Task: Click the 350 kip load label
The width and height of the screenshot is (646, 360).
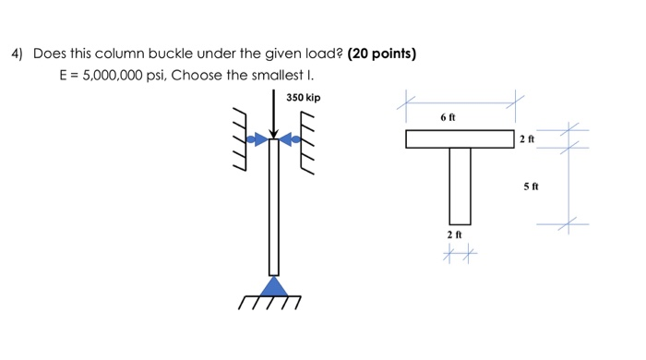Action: (x=303, y=97)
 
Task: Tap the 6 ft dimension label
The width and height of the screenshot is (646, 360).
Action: (x=449, y=118)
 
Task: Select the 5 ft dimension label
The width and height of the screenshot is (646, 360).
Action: (x=532, y=186)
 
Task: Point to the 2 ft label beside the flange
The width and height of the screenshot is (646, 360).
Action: (x=526, y=139)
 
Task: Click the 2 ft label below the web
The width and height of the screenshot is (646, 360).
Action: (x=453, y=235)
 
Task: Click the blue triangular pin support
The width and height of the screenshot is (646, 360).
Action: (x=273, y=286)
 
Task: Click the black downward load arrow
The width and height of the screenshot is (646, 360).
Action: (x=274, y=115)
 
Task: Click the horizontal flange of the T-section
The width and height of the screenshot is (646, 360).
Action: (x=460, y=139)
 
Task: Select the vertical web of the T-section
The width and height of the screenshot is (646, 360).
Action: (x=460, y=186)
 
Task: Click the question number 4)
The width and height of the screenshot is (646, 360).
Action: (x=17, y=54)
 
